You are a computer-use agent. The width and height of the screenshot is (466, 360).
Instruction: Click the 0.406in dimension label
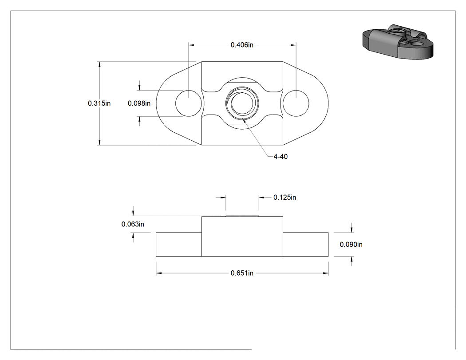click(242, 45)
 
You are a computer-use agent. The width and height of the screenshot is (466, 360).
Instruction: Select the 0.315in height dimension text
click(99, 103)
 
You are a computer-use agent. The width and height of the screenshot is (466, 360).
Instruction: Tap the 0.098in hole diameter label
click(139, 103)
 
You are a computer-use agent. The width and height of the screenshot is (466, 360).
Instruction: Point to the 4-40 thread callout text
click(280, 157)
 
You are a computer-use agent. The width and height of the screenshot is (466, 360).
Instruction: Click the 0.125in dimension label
click(285, 198)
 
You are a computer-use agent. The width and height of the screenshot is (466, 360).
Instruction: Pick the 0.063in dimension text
click(133, 224)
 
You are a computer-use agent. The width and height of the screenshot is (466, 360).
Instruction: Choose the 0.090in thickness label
click(351, 244)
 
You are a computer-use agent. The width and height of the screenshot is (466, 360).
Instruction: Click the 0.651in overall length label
click(242, 273)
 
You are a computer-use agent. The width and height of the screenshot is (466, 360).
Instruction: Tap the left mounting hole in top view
click(189, 103)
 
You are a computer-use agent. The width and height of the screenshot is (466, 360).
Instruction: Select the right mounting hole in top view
click(296, 103)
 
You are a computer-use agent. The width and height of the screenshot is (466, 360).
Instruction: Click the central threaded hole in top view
click(242, 103)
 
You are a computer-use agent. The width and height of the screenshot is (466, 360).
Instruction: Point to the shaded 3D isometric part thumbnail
click(398, 42)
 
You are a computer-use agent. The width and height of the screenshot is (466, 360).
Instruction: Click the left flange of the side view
click(178, 244)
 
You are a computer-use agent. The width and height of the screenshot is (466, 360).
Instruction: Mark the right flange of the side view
click(305, 244)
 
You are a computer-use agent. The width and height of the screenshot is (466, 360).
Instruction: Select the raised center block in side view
click(242, 236)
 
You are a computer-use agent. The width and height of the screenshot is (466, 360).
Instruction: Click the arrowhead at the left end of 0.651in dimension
click(159, 273)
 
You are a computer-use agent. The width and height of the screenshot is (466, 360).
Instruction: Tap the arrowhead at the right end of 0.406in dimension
click(293, 45)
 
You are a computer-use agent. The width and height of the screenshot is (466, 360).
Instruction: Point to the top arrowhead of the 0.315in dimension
click(99, 64)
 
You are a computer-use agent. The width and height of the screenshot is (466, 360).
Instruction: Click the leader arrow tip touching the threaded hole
click(243, 119)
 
